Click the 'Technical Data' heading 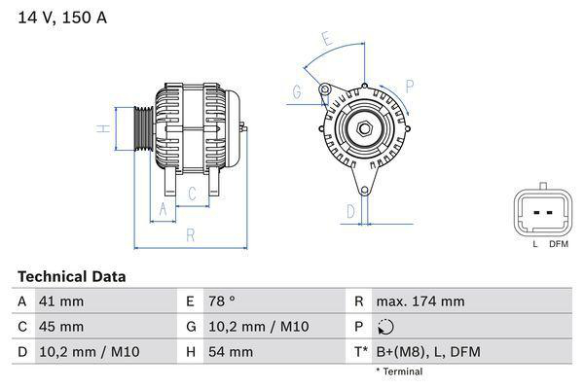click(x=71, y=277)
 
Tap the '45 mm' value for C click(x=60, y=327)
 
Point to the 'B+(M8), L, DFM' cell click(x=429, y=352)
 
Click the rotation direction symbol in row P click(x=386, y=327)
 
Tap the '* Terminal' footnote click(x=399, y=371)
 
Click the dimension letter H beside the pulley click(x=100, y=129)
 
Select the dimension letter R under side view click(x=191, y=235)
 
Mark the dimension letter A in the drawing click(x=163, y=209)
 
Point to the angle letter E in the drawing click(x=327, y=40)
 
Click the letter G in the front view click(x=295, y=92)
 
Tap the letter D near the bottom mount click(x=350, y=210)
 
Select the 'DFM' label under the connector click(x=558, y=244)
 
